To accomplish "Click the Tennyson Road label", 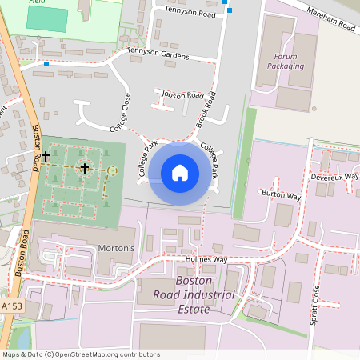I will pyautogui.click(x=191, y=10).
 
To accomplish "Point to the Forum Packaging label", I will pyautogui.click(x=290, y=62).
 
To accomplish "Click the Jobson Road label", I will pyautogui.click(x=182, y=94).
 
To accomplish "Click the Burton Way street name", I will pyautogui.click(x=282, y=194).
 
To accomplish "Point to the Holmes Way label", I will pyautogui.click(x=206, y=260).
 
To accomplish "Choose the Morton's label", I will pyautogui.click(x=116, y=248).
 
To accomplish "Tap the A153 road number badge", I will pyautogui.click(x=11, y=306).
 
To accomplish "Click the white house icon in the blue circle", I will pyautogui.click(x=180, y=172).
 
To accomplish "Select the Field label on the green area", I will pyautogui.click(x=37, y=3).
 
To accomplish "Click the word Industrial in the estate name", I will pyautogui.click(x=203, y=295).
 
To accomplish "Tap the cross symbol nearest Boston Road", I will pyautogui.click(x=46, y=156).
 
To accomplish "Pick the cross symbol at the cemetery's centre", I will pyautogui.click(x=84, y=169).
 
